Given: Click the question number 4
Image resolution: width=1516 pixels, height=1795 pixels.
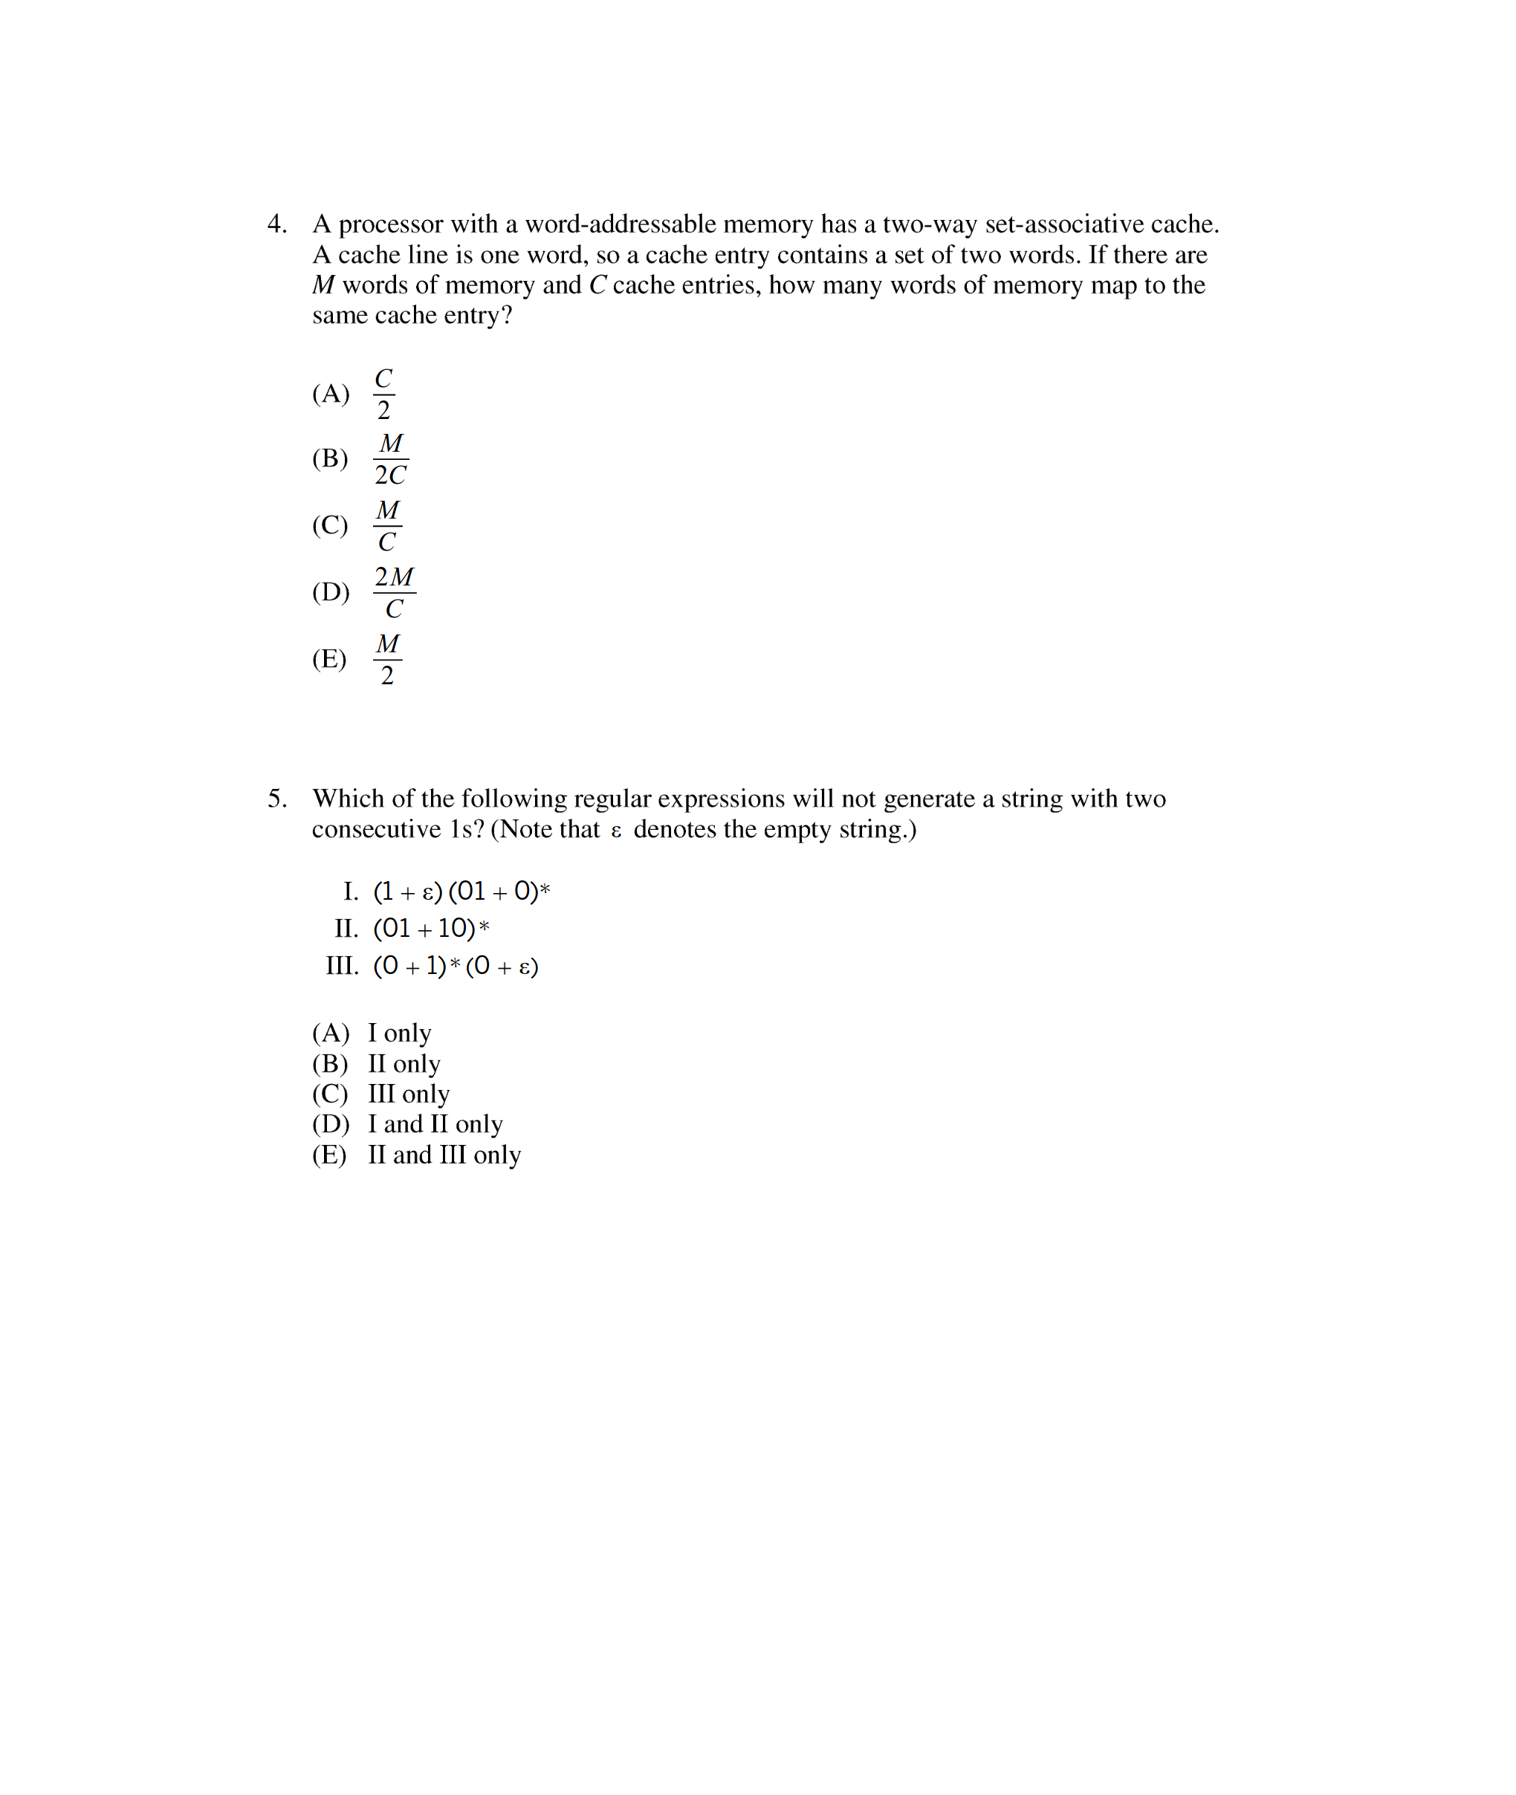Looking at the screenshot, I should click(x=276, y=224).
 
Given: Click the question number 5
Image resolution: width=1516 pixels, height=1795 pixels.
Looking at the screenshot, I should click(x=276, y=799).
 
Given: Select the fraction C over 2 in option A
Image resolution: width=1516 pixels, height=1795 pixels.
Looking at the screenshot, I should click(x=383, y=395).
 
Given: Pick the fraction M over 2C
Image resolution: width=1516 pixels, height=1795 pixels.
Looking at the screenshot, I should click(x=390, y=459).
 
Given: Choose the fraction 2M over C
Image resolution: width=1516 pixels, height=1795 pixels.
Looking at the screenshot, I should click(x=394, y=593).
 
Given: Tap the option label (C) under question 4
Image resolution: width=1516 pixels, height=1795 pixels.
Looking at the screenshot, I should click(x=330, y=525).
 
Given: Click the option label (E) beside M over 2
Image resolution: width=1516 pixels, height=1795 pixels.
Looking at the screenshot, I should click(x=329, y=659).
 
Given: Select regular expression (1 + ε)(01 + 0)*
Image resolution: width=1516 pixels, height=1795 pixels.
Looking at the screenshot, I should click(x=461, y=891).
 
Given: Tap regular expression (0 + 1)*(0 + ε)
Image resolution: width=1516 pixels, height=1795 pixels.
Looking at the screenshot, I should click(x=456, y=966).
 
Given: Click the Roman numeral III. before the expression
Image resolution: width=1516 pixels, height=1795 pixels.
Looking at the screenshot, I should click(x=342, y=966).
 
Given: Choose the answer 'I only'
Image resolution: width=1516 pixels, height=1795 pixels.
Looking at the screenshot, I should click(x=400, y=1033).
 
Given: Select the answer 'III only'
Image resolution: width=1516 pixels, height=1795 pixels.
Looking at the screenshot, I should click(x=408, y=1094).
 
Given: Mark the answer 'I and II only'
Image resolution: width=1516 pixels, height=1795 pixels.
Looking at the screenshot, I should click(x=435, y=1124).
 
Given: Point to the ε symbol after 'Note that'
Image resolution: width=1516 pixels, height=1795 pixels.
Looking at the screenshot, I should click(x=615, y=831).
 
